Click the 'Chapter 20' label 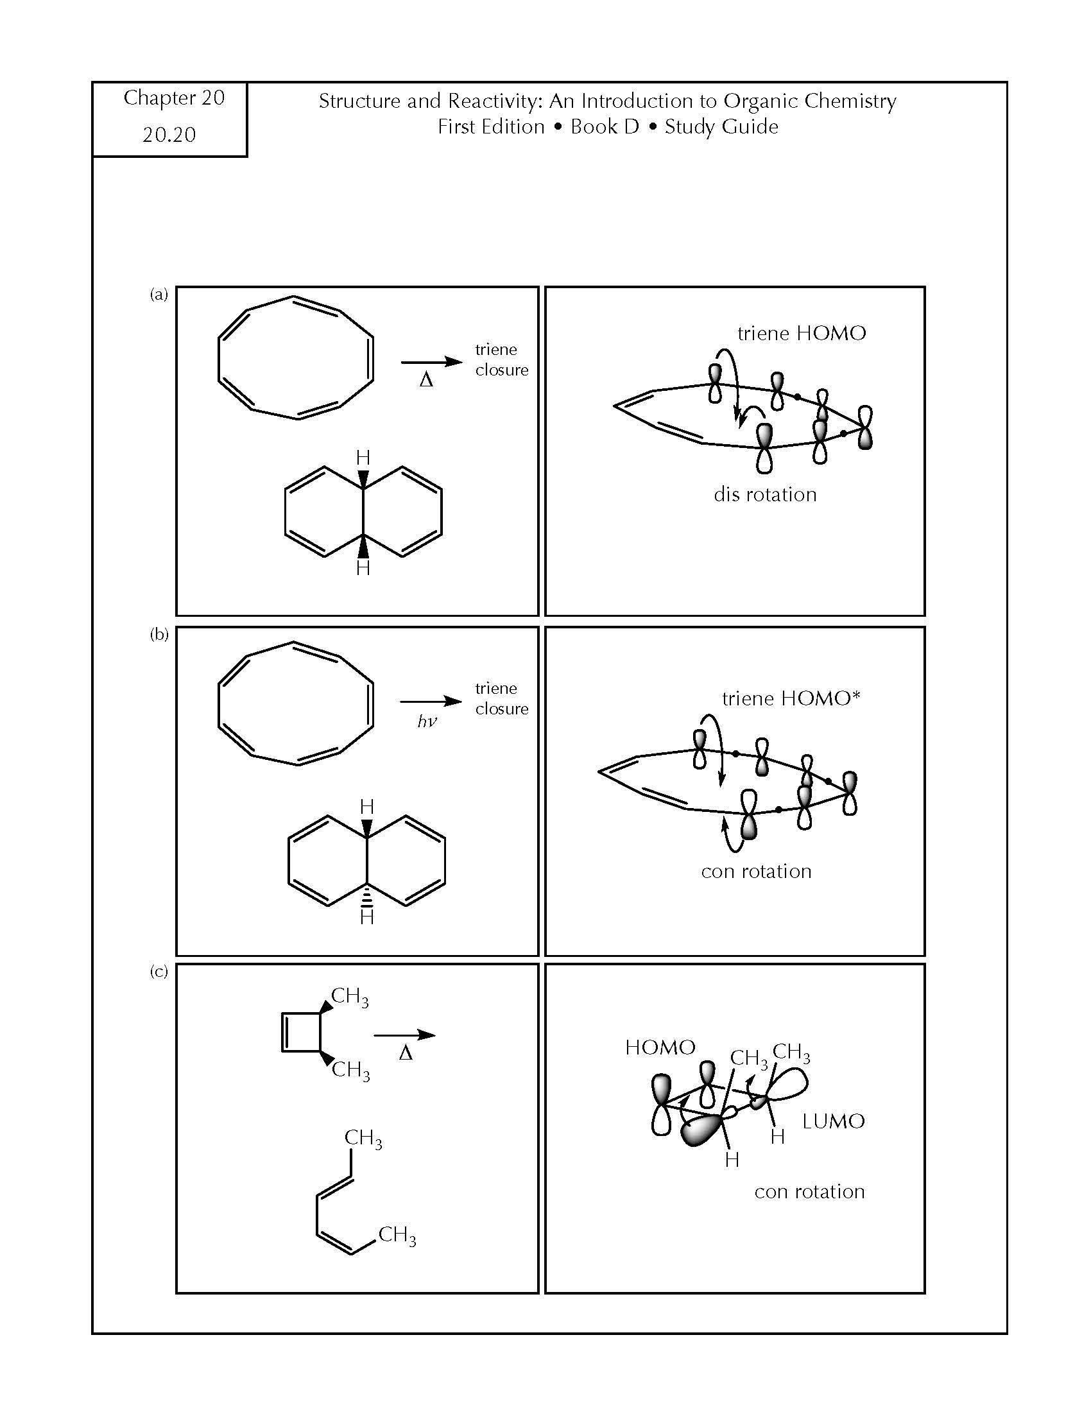click(x=174, y=98)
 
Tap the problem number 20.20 click(x=169, y=135)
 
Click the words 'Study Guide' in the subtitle click(x=721, y=126)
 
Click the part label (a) click(x=159, y=295)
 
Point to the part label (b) click(x=159, y=634)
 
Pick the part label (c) click(x=159, y=971)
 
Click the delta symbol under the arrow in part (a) click(x=426, y=380)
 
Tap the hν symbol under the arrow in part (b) click(x=427, y=721)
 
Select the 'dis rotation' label click(x=765, y=495)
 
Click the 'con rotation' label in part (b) click(x=756, y=872)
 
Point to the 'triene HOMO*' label click(x=792, y=698)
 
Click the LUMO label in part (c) click(x=834, y=1121)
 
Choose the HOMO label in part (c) click(x=660, y=1047)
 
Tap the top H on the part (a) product click(x=363, y=458)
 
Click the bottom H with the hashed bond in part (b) click(x=367, y=917)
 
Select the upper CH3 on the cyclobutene click(x=350, y=997)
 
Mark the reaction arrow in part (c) click(x=404, y=1035)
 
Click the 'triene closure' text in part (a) click(x=502, y=359)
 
